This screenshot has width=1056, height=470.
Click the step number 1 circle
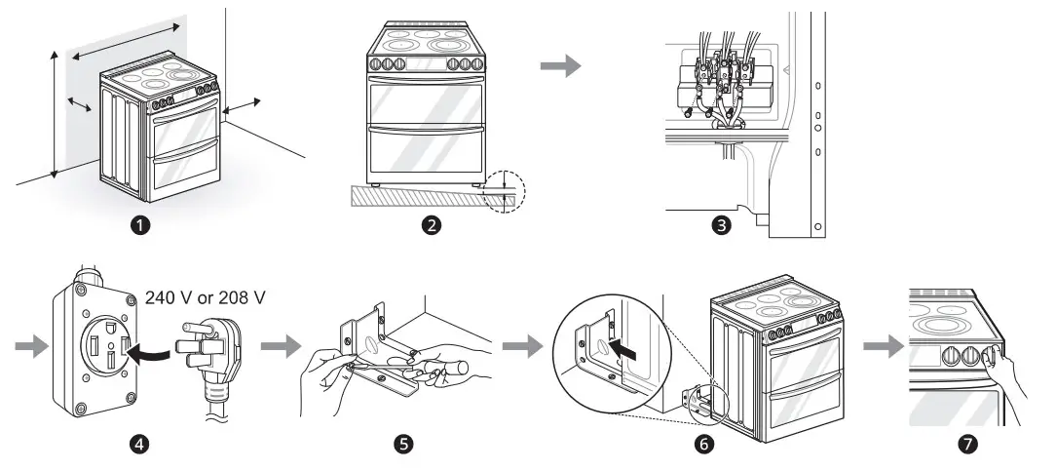tap(144, 225)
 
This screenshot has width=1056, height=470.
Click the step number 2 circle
tap(430, 225)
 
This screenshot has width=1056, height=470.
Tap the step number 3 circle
tap(722, 225)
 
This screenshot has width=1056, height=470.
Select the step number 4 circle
tap(142, 445)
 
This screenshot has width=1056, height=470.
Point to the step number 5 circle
tap(402, 445)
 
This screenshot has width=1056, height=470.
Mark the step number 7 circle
tap(966, 445)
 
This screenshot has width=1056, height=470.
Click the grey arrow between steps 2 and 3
tap(560, 66)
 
